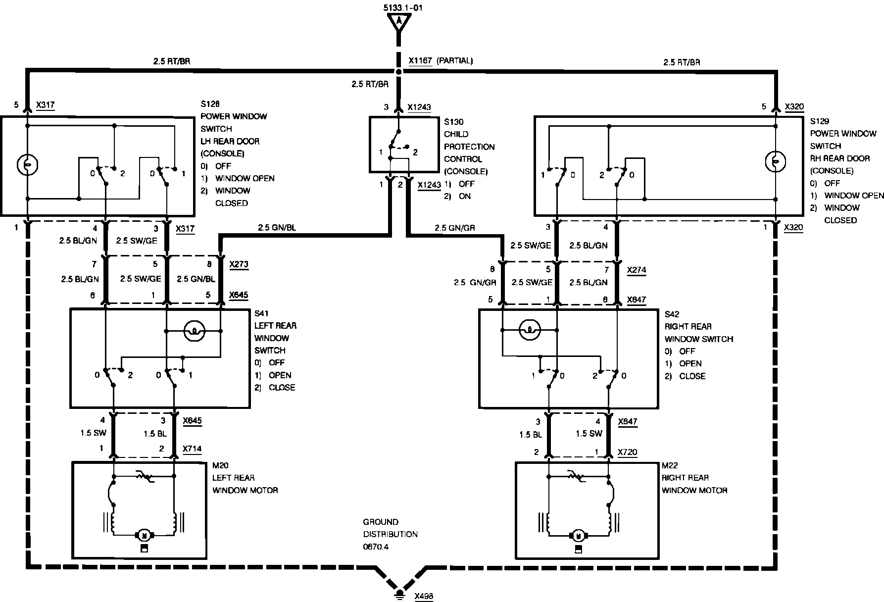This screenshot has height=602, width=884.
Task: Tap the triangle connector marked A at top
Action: coord(398,21)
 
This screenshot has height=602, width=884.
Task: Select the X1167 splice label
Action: coord(421,61)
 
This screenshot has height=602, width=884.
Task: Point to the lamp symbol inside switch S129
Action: coord(775,161)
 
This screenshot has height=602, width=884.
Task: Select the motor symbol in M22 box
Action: coord(577,535)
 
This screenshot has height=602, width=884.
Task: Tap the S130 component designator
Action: coord(453,122)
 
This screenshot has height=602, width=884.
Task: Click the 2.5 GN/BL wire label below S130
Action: coord(277,228)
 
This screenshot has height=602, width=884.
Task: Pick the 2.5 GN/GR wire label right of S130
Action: coord(455,228)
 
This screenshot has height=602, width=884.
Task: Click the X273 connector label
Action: coord(239,265)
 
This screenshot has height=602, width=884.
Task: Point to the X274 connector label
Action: coord(636,270)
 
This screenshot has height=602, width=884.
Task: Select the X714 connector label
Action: coord(192,449)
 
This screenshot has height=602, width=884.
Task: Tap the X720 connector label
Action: coord(628,452)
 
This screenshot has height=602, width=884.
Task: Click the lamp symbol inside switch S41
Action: coord(194,330)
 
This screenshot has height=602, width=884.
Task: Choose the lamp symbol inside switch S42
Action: coord(529,329)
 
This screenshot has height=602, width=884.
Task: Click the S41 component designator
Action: coord(261,313)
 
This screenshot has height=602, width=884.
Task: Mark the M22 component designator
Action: coord(670,465)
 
